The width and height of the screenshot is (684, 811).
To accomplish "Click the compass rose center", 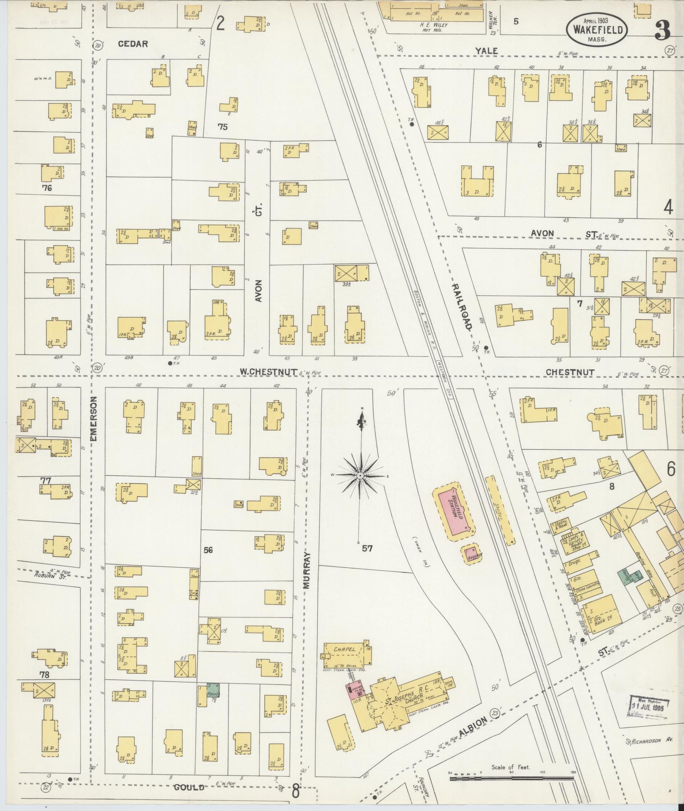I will (x=360, y=476).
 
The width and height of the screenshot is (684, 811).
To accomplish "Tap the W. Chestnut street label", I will (x=268, y=372).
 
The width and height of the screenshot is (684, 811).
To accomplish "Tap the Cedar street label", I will (x=133, y=44).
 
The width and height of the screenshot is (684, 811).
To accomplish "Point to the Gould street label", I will (x=189, y=787).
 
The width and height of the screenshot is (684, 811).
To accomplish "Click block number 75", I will (x=222, y=126).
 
